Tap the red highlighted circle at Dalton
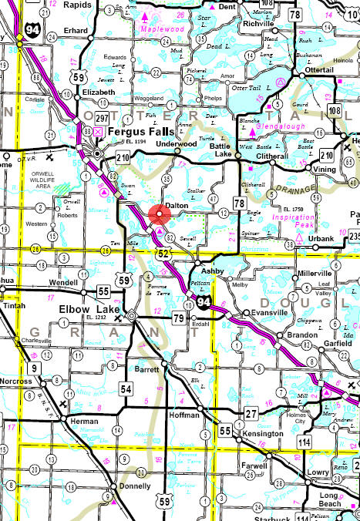point(157,215)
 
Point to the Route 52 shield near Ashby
point(163,251)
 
